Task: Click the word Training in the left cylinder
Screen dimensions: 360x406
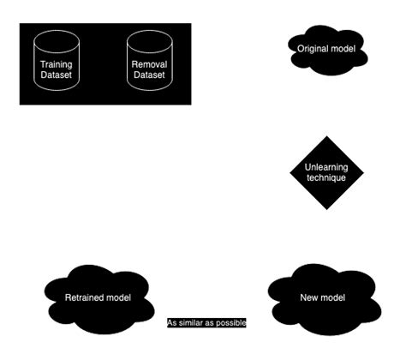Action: tap(57, 64)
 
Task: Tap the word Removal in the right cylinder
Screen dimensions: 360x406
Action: tap(150, 64)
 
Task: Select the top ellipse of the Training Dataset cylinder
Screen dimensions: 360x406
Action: tap(57, 39)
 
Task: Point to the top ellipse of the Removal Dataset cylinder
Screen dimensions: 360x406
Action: tap(150, 39)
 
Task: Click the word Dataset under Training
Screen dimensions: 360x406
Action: tap(57, 75)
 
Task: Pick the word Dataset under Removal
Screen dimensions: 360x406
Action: tap(150, 75)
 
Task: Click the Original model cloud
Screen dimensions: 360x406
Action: tap(325, 50)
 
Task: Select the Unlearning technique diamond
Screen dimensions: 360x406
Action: tap(326, 172)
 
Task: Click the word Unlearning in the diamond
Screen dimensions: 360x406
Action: tap(326, 167)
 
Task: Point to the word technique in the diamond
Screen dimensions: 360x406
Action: tap(326, 178)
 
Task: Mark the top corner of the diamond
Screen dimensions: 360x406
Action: tap(326, 136)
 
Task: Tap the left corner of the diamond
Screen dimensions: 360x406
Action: tap(290, 172)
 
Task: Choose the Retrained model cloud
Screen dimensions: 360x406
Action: tap(98, 297)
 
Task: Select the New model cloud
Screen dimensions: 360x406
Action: tap(322, 297)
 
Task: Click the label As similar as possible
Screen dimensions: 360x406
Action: tap(206, 323)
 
